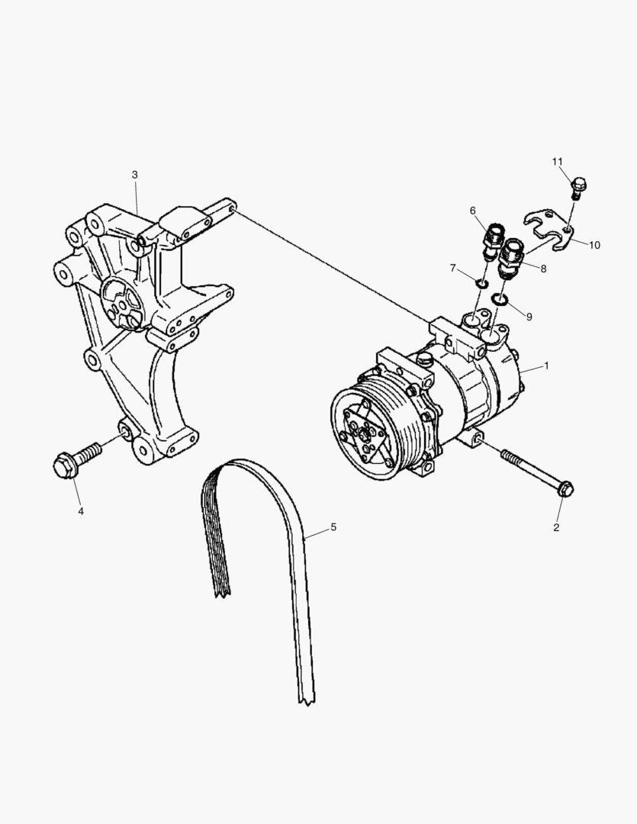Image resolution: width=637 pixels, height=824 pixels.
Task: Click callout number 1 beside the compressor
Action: click(x=546, y=366)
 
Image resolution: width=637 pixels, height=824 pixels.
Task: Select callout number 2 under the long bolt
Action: click(x=556, y=527)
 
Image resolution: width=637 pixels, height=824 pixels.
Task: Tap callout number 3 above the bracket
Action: click(x=135, y=175)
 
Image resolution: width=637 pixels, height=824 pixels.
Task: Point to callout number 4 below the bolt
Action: click(x=80, y=511)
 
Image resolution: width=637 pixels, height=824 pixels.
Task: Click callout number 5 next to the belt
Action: click(x=333, y=527)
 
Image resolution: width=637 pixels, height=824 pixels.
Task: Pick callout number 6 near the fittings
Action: click(x=473, y=211)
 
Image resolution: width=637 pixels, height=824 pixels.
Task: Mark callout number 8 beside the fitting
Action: click(x=543, y=269)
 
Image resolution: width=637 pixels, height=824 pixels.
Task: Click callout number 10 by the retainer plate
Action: click(x=595, y=245)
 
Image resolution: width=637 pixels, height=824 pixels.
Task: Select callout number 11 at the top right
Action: click(x=558, y=162)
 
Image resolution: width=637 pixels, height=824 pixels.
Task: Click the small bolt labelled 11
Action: click(x=578, y=185)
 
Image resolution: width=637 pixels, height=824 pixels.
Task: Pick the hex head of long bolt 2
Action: click(x=565, y=489)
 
